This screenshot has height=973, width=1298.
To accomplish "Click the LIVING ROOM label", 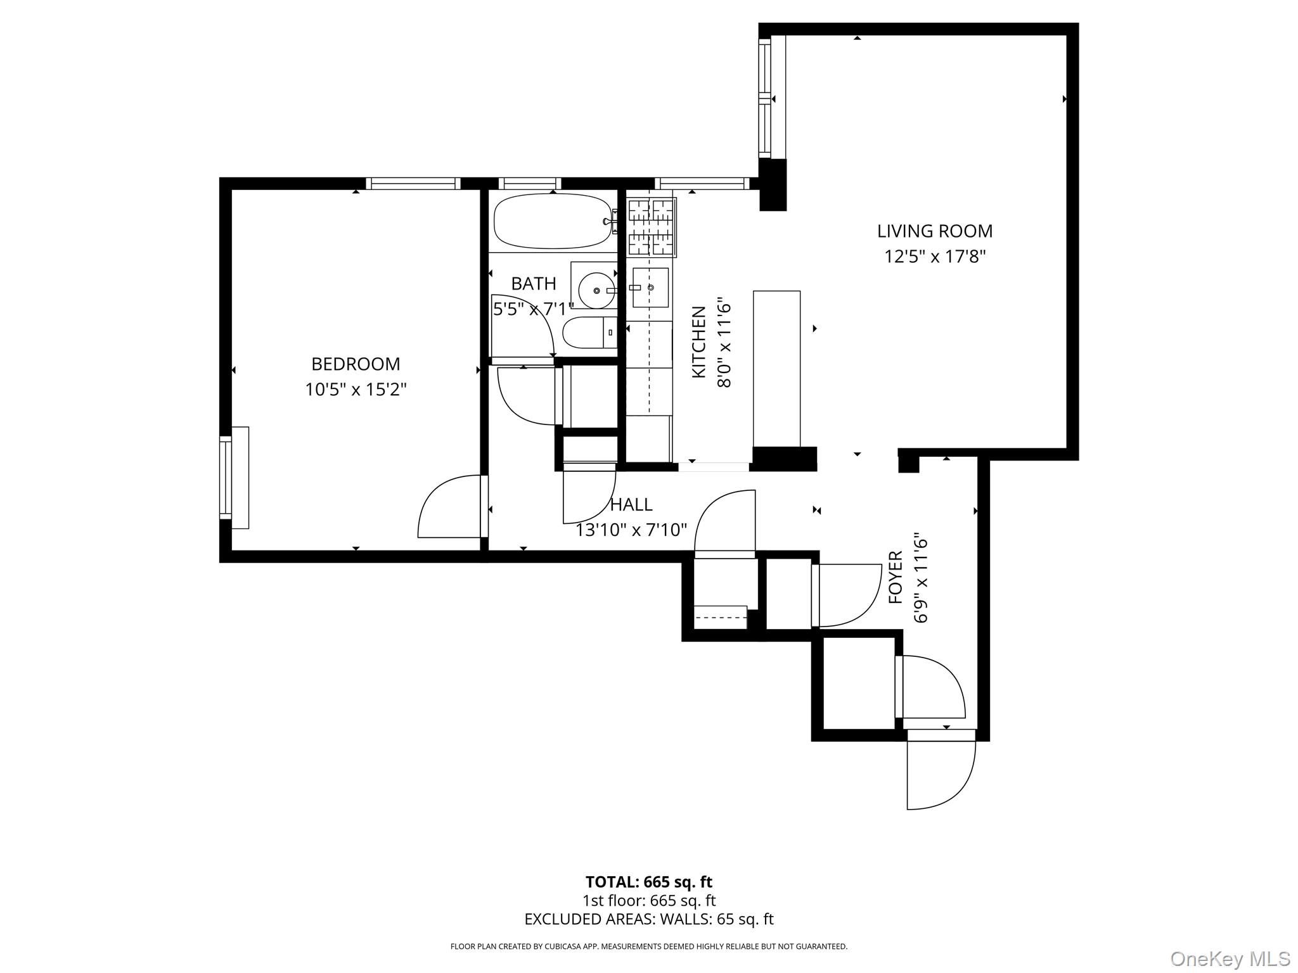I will (x=934, y=231).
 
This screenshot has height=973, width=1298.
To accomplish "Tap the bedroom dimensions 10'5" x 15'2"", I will (x=356, y=389).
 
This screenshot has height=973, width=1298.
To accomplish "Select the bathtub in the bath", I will (x=552, y=221).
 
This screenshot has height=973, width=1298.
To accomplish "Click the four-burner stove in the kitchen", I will (x=650, y=227).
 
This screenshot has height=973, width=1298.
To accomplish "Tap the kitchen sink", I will (x=650, y=288).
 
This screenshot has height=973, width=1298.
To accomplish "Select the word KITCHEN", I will (x=698, y=342).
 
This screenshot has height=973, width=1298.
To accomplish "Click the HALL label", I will (x=631, y=505).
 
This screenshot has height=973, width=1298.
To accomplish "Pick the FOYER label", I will (x=895, y=577).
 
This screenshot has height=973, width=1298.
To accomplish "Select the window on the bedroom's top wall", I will (x=413, y=184).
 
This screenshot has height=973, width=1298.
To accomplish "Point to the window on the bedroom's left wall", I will (x=226, y=478).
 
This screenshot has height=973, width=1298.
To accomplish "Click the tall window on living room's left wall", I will (x=765, y=98).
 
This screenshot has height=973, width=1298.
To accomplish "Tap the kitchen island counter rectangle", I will (x=776, y=369).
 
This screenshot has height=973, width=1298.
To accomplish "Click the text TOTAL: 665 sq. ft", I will (x=648, y=882).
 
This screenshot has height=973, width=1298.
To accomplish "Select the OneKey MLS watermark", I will (x=1230, y=958).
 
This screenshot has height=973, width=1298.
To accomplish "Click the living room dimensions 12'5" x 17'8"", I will (x=935, y=257).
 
